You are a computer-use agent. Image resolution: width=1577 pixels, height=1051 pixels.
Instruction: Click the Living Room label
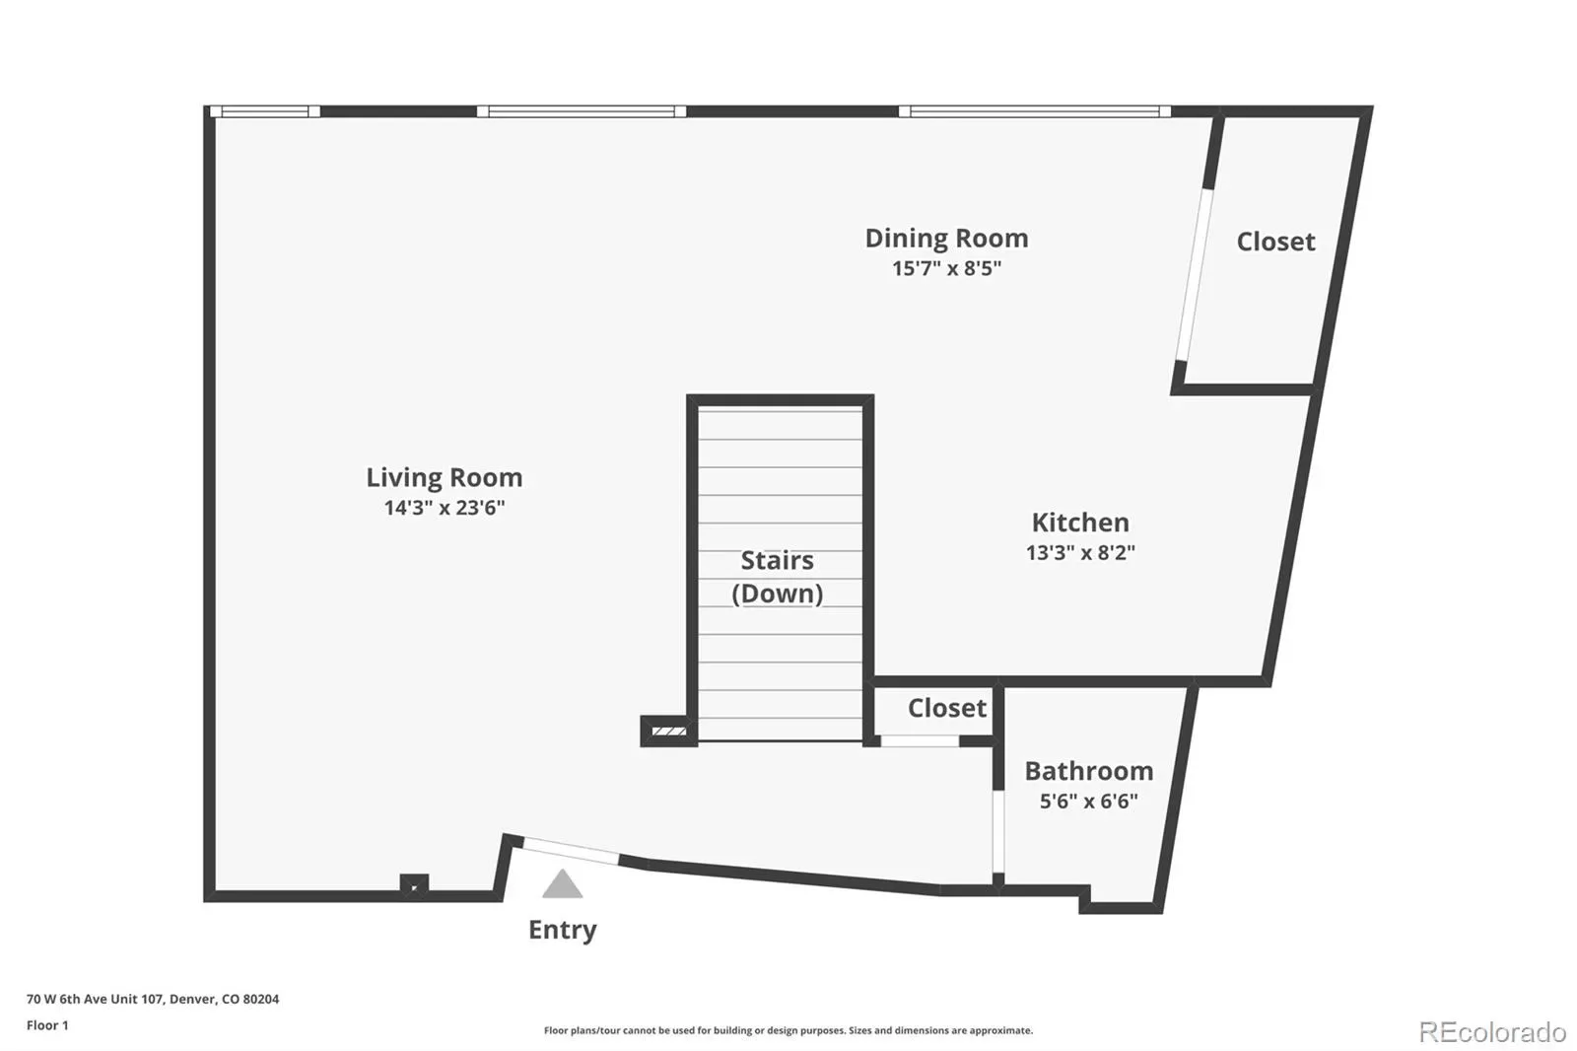[445, 477]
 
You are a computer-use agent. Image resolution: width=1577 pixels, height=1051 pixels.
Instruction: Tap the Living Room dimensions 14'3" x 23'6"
[445, 507]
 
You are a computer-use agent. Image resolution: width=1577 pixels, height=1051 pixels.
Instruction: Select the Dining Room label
[947, 238]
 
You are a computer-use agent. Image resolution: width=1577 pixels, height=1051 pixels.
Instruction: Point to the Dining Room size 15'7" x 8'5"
[947, 268]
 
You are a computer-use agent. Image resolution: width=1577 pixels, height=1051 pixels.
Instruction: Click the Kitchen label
[1080, 523]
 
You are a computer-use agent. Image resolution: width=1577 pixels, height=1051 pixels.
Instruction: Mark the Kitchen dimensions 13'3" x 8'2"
[1080, 552]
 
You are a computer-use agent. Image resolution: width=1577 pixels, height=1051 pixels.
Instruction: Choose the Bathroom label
[1089, 771]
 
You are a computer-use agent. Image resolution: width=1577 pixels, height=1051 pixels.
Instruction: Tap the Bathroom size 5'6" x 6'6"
[1089, 801]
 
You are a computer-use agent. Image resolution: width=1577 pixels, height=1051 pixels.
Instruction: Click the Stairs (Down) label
[778, 577]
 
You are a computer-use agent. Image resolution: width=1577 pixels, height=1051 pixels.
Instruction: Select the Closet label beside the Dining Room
[1275, 242]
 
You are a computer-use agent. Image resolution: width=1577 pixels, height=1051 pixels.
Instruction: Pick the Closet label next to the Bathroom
[947, 708]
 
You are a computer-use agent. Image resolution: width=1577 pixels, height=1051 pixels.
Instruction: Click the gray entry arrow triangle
[562, 883]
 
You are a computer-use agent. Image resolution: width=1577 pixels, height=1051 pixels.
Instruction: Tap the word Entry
[563, 930]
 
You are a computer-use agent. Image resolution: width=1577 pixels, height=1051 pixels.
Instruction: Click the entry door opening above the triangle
[571, 851]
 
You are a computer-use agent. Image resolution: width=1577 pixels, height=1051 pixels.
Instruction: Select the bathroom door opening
[998, 832]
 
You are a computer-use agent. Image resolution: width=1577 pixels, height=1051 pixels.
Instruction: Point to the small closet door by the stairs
[920, 741]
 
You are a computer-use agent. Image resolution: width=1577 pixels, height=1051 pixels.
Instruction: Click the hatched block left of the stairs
[669, 732]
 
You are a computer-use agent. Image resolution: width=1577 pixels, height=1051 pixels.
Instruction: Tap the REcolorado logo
[1492, 1032]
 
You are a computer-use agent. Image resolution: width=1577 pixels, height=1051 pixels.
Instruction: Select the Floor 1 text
[48, 1025]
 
